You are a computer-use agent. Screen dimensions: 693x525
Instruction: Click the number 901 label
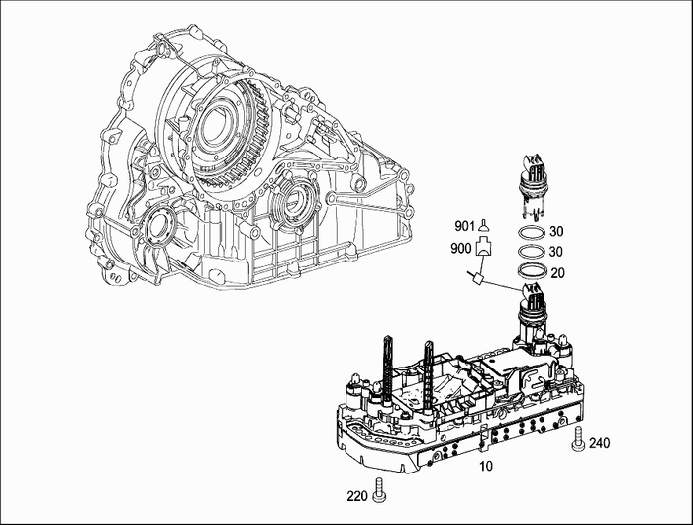[x=464, y=226]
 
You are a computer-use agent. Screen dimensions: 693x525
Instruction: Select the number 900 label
[x=461, y=249]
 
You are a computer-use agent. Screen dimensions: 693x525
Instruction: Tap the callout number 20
[x=557, y=273]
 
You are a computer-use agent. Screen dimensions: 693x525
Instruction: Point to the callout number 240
[x=599, y=443]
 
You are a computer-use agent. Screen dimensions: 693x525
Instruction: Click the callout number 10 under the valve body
[x=485, y=466]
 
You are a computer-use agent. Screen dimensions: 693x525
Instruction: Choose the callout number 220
[x=357, y=496]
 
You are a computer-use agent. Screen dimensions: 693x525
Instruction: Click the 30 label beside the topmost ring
[x=556, y=231]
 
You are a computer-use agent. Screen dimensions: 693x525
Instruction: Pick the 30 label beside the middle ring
[x=556, y=252]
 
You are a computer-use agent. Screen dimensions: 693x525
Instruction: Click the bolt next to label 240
[x=578, y=440]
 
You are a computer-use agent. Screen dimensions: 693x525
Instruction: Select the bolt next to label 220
[x=379, y=490]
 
